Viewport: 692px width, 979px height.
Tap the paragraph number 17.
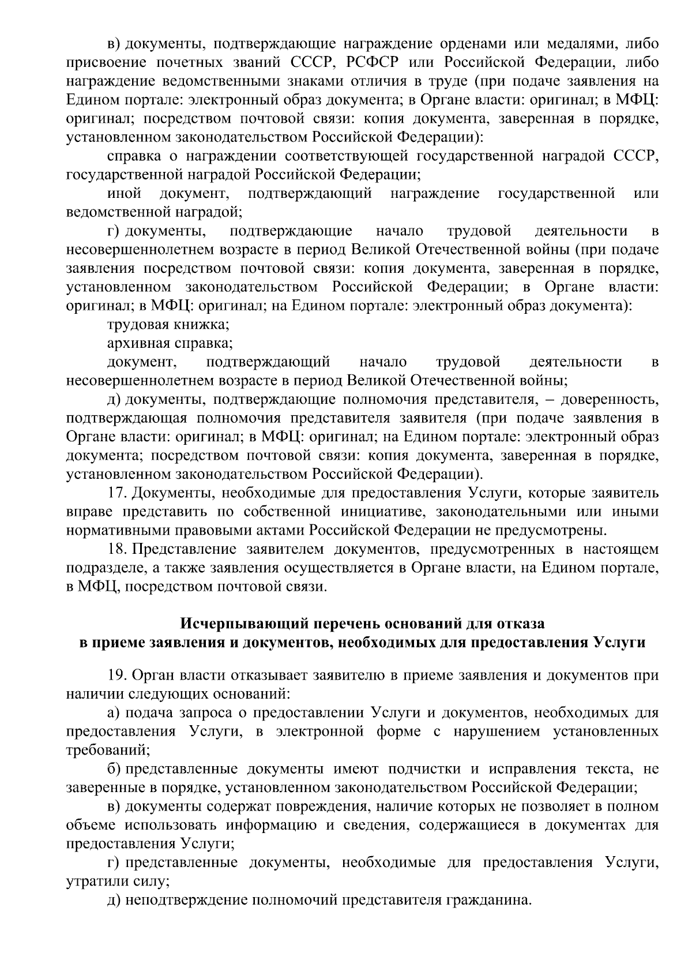(x=117, y=493)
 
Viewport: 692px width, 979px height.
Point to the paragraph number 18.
(x=117, y=549)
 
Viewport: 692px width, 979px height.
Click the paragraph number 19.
(x=117, y=676)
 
